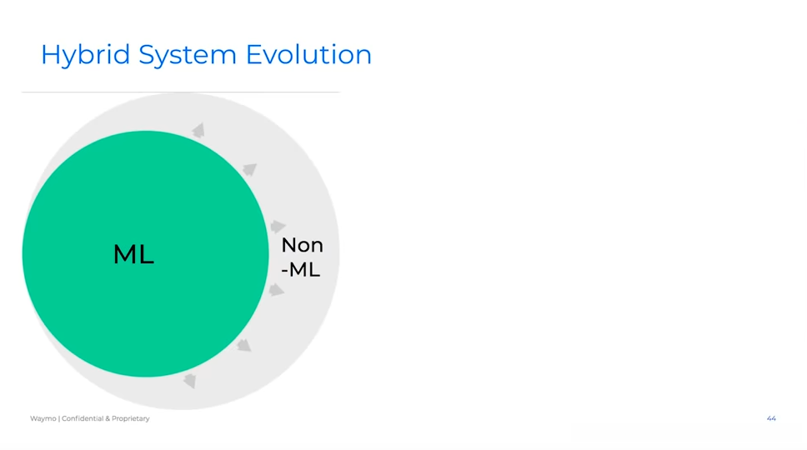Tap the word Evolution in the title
pos(308,54)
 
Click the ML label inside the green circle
pos(133,254)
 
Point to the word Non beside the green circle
pos(302,245)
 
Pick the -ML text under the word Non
pos(301,269)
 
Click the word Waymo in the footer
pos(43,418)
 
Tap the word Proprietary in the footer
pos(131,418)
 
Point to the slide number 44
pos(771,418)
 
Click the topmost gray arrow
pos(198,131)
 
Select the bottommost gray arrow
pos(190,381)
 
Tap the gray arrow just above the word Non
pos(278,227)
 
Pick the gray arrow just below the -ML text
pos(277,290)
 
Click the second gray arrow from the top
pos(250,169)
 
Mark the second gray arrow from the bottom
pos(244,345)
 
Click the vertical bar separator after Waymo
pos(59,418)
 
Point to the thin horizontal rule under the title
pos(181,92)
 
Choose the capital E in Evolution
pos(253,54)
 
